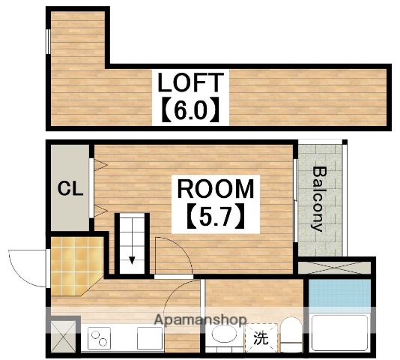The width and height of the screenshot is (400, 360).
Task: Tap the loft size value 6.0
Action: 190,110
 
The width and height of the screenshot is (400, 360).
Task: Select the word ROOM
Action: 216,189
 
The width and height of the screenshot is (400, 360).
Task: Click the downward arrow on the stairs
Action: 132,259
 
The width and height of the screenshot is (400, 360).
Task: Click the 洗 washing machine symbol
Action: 260,338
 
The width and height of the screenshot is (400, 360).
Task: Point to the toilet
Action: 290,335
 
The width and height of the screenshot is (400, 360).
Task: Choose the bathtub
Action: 339,334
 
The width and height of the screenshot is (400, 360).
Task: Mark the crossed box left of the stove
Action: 62,335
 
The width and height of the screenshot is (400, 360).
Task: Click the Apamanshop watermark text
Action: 200,320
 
